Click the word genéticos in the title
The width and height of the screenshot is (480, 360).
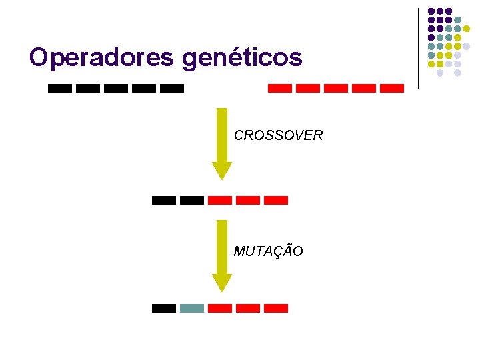[x=242, y=59]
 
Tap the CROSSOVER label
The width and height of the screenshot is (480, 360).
[x=278, y=135]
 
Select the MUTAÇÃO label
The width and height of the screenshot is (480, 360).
[x=268, y=251]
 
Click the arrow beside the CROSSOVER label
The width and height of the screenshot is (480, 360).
[x=222, y=143]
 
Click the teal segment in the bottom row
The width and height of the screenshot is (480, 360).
[x=192, y=308]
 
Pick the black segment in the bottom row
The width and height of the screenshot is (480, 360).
[x=164, y=308]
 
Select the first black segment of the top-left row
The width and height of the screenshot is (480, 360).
[x=60, y=88]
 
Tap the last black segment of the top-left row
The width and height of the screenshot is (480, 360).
[x=172, y=88]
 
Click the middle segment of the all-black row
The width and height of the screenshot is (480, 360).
[x=116, y=88]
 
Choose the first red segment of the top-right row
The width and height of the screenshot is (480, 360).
[x=279, y=88]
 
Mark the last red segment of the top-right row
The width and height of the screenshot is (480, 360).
[x=392, y=88]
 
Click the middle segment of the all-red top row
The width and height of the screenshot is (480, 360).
[x=335, y=88]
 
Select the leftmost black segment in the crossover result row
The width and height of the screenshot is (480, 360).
[x=164, y=200]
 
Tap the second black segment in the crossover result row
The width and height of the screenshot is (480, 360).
[x=192, y=200]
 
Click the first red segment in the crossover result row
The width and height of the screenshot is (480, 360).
[x=220, y=200]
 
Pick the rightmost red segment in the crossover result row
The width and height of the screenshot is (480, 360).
[x=276, y=200]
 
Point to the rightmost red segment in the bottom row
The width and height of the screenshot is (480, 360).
[x=276, y=308]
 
